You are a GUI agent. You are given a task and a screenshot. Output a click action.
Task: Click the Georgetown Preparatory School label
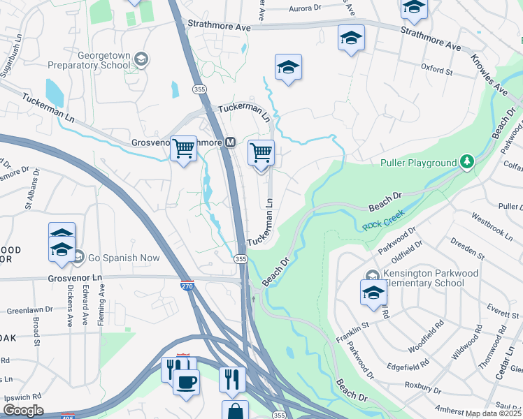click(89, 60)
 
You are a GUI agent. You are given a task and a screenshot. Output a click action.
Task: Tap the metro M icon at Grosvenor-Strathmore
click(229, 142)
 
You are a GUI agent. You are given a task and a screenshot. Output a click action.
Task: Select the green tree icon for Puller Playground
click(467, 163)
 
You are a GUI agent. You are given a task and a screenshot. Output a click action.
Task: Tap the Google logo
click(22, 411)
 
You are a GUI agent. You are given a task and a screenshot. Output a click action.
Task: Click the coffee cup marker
click(186, 383)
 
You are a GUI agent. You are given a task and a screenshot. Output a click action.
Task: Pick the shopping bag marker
click(235, 411)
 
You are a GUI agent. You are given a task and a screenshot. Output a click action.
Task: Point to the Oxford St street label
click(437, 70)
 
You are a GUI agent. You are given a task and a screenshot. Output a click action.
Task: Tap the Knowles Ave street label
click(489, 75)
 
